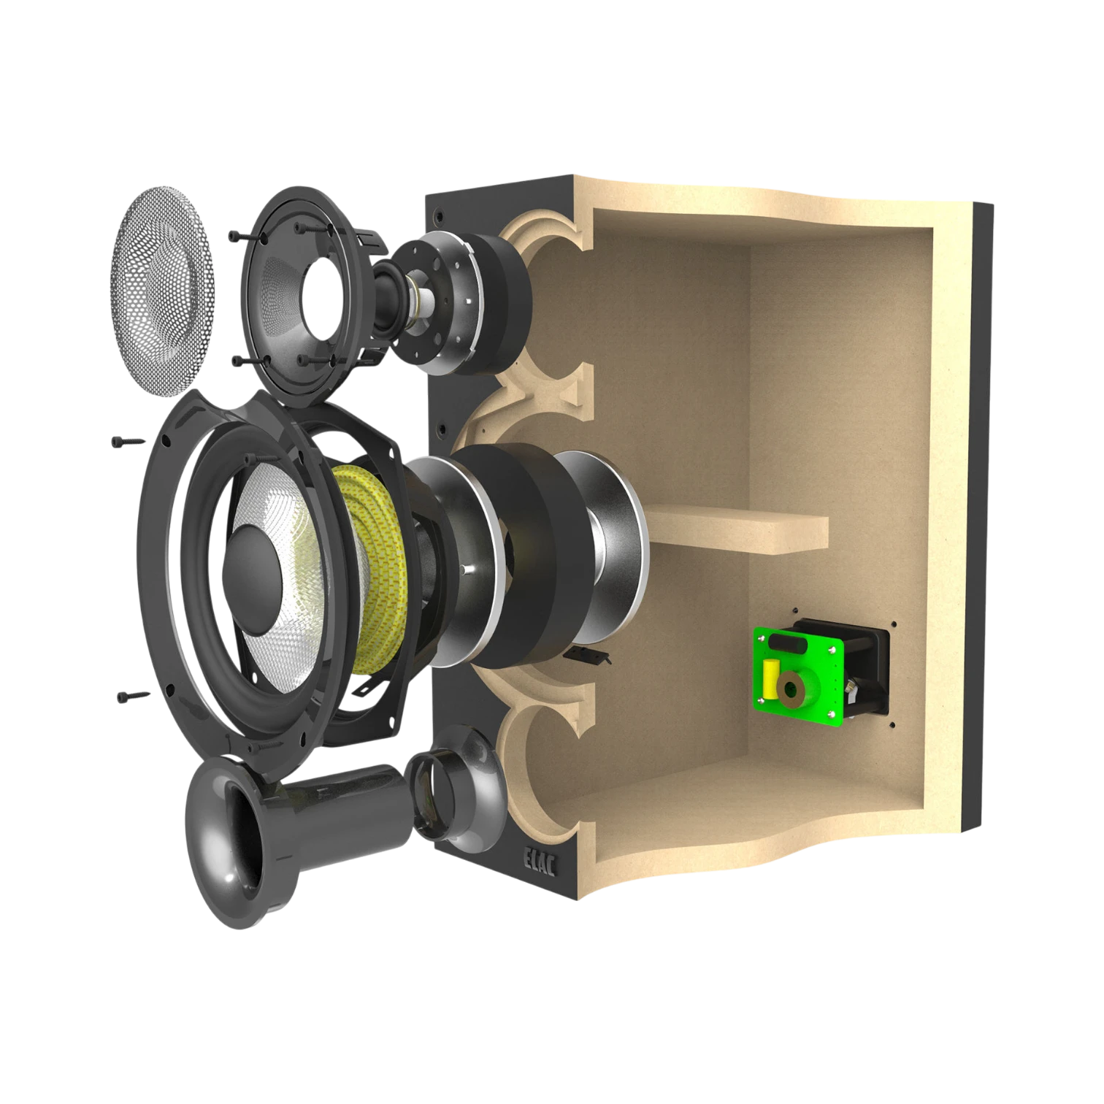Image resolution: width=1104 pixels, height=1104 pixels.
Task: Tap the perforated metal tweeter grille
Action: click(x=163, y=291)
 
